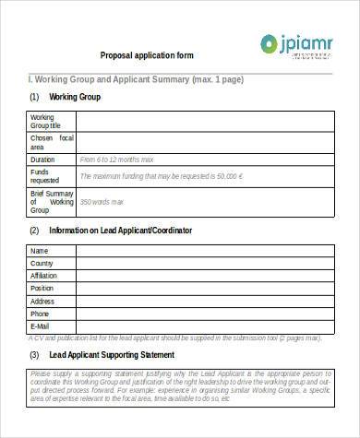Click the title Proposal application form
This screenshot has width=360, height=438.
pos(147,55)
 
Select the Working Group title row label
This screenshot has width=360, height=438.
pos(47,122)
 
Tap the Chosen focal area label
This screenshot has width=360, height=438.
pos(51,142)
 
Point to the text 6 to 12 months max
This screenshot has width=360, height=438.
pos(114,159)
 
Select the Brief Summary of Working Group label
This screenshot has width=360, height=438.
pos(52,202)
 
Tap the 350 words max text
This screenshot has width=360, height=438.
pos(101,202)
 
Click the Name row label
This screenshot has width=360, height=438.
pos(39,251)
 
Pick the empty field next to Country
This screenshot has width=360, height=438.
pos(203,264)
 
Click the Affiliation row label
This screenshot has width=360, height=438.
pos(44,276)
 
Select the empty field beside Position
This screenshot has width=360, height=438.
pos(203,289)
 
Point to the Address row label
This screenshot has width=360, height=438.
pos(42,302)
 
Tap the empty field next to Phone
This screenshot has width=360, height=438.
pos(203,314)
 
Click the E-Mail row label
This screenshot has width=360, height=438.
pos(41,326)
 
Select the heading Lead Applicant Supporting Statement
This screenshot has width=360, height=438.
pos(112,355)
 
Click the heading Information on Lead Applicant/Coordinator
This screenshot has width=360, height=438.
pos(120,230)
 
